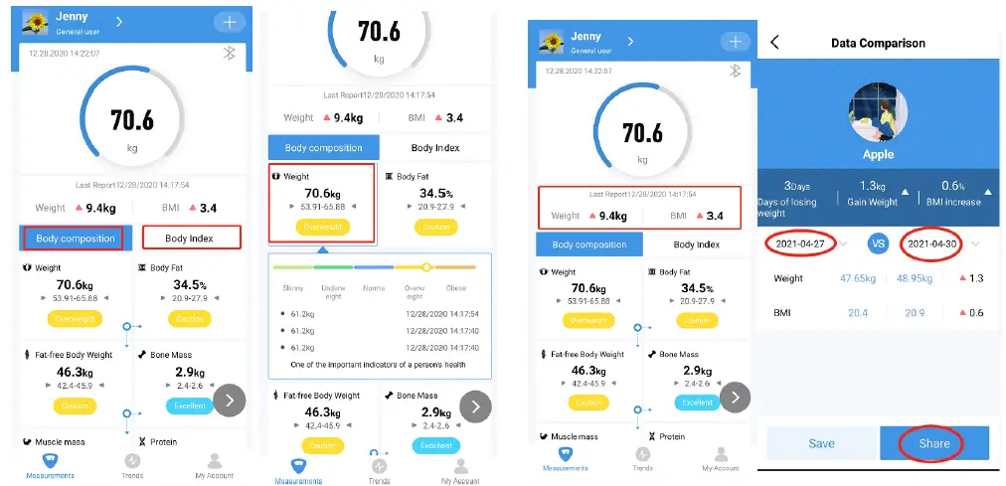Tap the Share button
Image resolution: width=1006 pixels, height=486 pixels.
(933, 443)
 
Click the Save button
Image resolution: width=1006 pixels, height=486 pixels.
(821, 443)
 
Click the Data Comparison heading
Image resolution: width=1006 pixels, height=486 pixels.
(878, 43)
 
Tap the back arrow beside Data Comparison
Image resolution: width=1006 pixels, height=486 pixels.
(775, 43)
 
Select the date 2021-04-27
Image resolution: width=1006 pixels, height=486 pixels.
(799, 243)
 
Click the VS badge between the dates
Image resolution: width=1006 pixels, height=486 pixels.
(877, 243)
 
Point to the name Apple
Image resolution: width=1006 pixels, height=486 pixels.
(878, 155)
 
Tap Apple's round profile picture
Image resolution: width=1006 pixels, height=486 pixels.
(878, 111)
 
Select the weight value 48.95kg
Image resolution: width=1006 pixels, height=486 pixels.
(914, 278)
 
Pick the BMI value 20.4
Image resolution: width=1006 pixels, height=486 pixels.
(858, 312)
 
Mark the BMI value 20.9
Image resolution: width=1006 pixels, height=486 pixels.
(915, 312)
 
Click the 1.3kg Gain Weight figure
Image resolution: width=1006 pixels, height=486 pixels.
(872, 186)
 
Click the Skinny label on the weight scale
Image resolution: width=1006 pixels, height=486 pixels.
(292, 289)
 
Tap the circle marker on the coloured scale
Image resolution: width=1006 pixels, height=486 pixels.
(425, 266)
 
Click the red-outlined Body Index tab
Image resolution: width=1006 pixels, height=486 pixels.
(191, 238)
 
